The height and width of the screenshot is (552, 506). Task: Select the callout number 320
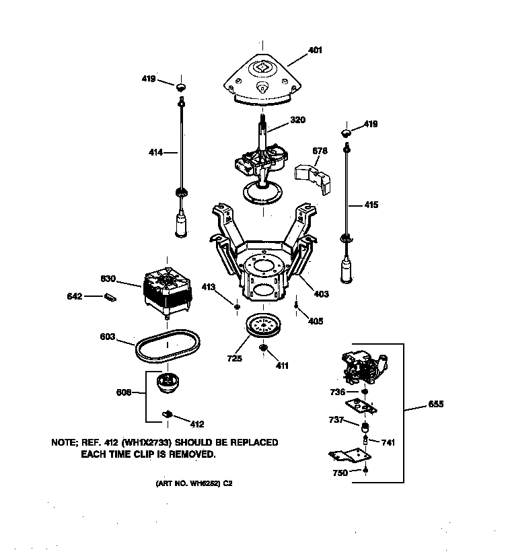pyautogui.click(x=298, y=120)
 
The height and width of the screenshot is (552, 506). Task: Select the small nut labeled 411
pyautogui.click(x=263, y=348)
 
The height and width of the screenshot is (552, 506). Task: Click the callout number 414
pyautogui.click(x=155, y=153)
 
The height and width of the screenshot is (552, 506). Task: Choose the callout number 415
pyautogui.click(x=371, y=205)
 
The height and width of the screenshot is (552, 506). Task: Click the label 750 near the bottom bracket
pyautogui.click(x=340, y=473)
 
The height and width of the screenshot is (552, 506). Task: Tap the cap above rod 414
pyautogui.click(x=180, y=87)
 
